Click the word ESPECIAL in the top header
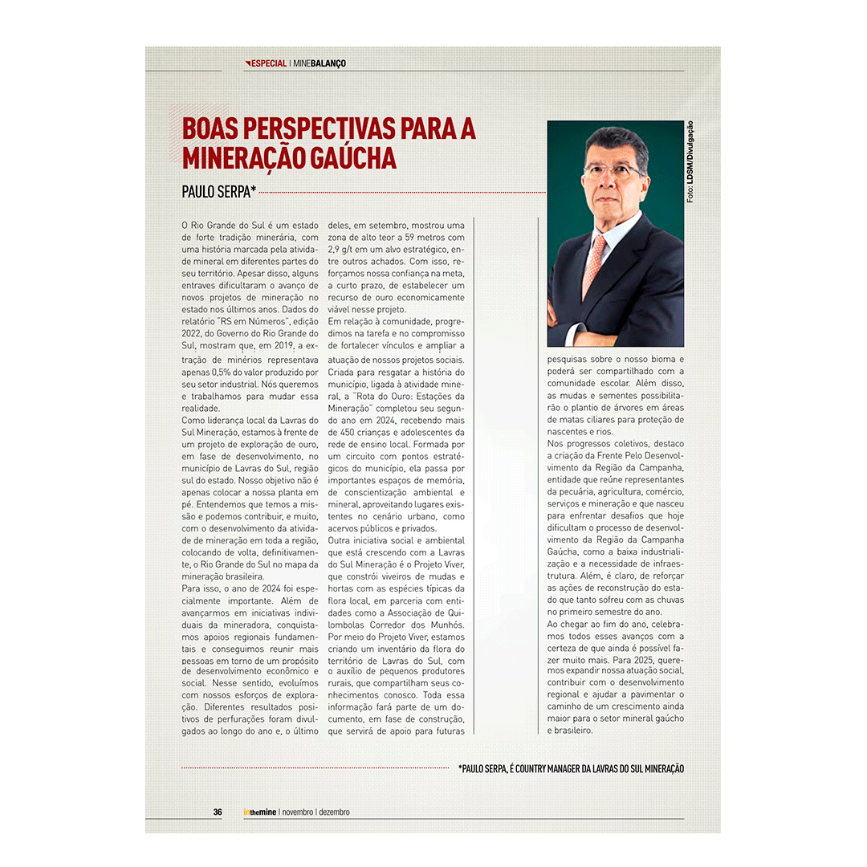pos(269,63)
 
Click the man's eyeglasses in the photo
pos(614,171)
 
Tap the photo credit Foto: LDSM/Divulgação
pos(690,161)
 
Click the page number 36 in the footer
pos(218,812)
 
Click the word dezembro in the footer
pos(334,812)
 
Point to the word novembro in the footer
pos(298,812)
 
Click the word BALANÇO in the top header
pos(329,63)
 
